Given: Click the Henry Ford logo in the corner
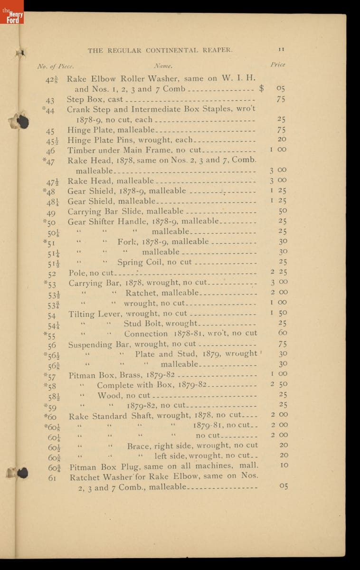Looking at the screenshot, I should point(12,12).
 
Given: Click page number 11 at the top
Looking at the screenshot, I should point(281,49).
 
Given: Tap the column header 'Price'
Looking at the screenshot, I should point(278,65).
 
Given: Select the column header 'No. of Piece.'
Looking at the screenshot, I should point(56,66).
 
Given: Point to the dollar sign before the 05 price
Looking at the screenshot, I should point(261,88).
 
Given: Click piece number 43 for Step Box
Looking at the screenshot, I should point(50,100).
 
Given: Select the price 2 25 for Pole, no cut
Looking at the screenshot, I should point(279,272).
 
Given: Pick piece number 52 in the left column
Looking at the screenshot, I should point(52,274).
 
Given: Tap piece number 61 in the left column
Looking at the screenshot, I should point(52,478).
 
